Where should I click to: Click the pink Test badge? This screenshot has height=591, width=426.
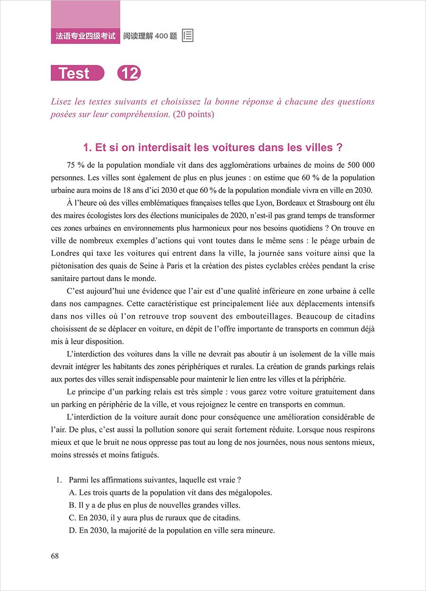(77, 73)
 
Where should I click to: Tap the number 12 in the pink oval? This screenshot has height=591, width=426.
(129, 73)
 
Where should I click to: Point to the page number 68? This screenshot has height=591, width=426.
(55, 556)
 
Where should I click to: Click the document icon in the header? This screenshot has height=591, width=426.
(187, 35)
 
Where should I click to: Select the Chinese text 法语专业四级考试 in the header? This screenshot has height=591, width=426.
(86, 36)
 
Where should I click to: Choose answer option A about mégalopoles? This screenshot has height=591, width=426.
(170, 492)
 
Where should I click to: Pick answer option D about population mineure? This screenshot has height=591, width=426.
(171, 530)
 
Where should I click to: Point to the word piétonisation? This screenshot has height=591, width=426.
(73, 265)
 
